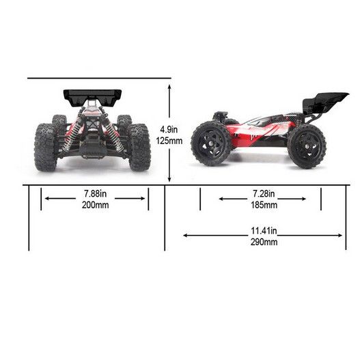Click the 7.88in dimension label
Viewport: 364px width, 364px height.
tap(95, 193)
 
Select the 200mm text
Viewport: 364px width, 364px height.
tap(95, 205)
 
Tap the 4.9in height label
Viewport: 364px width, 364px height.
tap(169, 129)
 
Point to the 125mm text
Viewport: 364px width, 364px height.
tap(169, 141)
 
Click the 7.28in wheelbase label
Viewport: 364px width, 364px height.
tap(264, 193)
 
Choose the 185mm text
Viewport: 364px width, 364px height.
tap(264, 205)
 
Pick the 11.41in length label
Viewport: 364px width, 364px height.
tap(264, 231)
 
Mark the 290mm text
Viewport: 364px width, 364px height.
tap(264, 242)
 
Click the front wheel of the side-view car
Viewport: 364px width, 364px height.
tap(211, 145)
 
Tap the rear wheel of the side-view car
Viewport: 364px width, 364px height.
tap(307, 146)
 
